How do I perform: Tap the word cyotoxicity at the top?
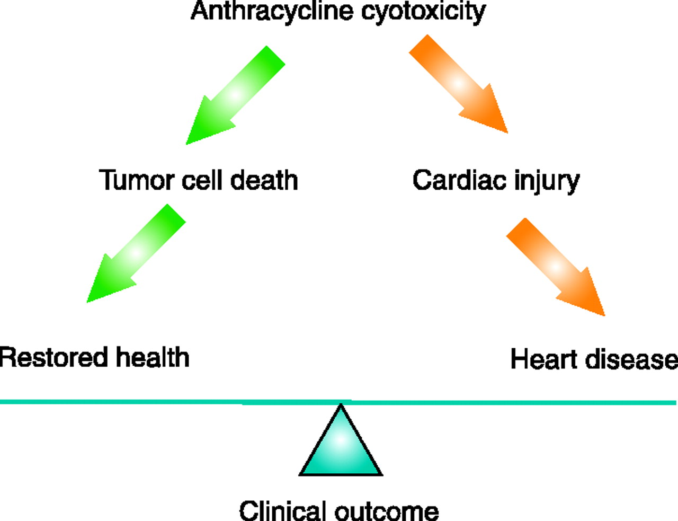click(423, 12)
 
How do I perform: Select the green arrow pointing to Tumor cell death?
click(235, 95)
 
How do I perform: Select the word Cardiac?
click(451, 180)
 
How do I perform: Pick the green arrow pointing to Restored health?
click(136, 253)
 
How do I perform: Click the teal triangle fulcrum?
click(341, 448)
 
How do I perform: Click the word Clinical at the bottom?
click(282, 511)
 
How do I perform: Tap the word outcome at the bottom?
click(387, 511)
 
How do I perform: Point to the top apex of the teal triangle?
click(341, 407)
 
